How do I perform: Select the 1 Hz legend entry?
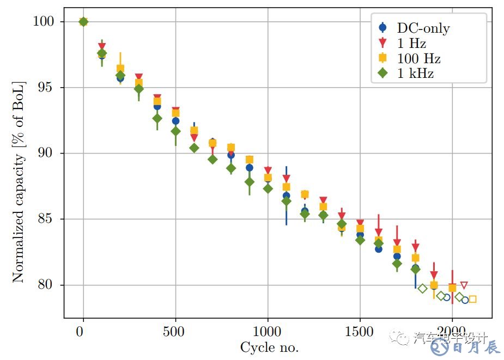coord(411,43)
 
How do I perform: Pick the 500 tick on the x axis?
coord(175,331)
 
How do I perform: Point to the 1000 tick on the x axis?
coord(268,331)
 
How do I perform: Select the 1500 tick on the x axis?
coord(360,331)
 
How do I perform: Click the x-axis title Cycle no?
coord(269,347)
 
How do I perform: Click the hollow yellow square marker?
coord(472,299)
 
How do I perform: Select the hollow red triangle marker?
coord(464,285)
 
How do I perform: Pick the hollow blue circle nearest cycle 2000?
coord(447,297)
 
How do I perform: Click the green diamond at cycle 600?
coord(194,148)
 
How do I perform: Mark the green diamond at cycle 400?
coord(157,118)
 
